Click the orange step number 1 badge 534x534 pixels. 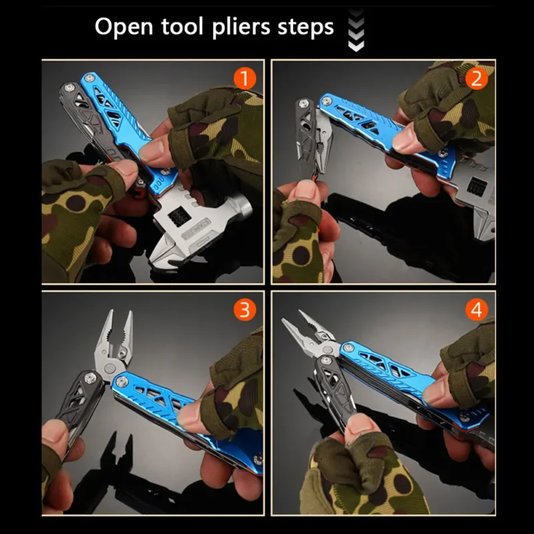(x=244, y=79)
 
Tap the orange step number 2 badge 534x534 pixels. (x=477, y=79)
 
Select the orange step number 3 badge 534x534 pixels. (x=244, y=310)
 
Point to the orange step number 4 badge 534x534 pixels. (x=477, y=310)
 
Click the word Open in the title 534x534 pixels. (x=123, y=27)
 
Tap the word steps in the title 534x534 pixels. (x=306, y=27)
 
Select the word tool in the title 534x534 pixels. (x=182, y=26)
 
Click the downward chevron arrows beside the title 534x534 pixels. (x=356, y=31)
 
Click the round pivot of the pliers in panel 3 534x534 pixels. (x=110, y=368)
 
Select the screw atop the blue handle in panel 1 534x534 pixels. (x=89, y=78)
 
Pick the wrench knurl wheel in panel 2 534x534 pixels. (x=476, y=186)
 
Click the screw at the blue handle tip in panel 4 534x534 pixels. (x=348, y=348)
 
